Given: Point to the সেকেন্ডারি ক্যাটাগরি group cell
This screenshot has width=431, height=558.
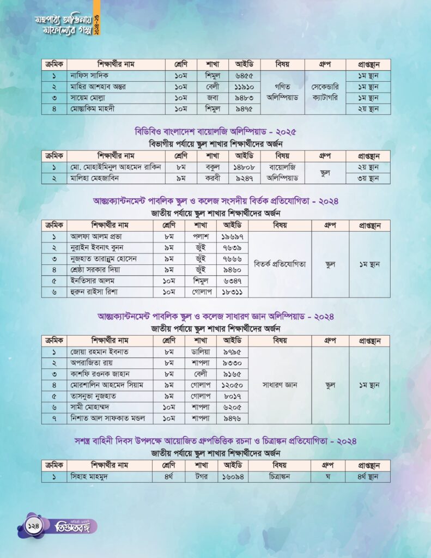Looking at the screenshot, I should coord(325,92).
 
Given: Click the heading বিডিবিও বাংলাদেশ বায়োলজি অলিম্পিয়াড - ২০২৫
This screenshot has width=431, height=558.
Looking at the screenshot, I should coord(215,132).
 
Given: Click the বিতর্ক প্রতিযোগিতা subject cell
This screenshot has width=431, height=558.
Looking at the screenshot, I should coord(280,264).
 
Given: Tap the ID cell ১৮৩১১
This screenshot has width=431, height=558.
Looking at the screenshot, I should coord(233,292).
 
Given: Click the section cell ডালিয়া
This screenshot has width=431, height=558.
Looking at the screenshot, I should coord(201,352).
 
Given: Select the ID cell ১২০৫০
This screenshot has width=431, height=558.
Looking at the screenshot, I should coord(233,385).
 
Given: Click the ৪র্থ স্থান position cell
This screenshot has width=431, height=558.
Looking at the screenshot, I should coord(369,477).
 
